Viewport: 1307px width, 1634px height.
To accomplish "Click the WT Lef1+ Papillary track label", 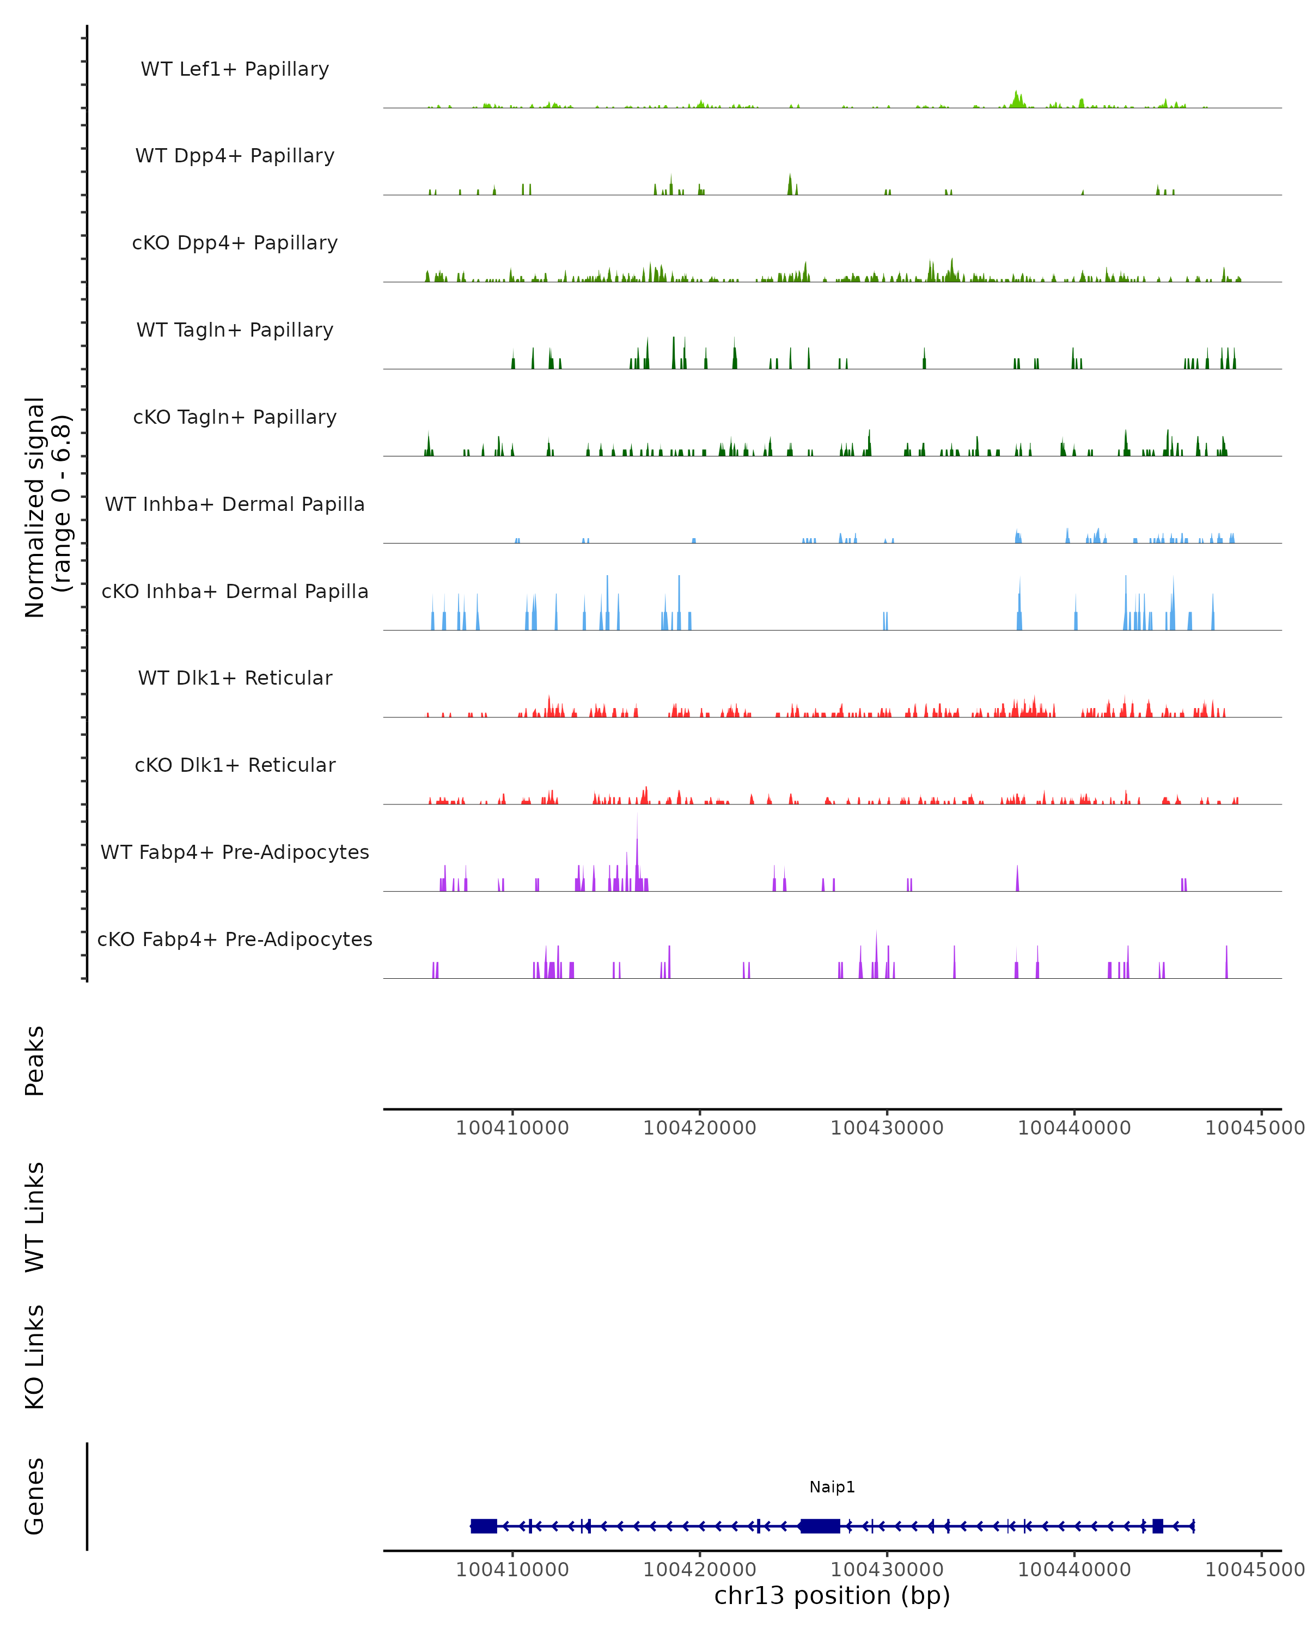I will pyautogui.click(x=235, y=69).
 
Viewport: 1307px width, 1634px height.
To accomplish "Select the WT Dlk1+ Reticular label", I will pyautogui.click(x=235, y=678).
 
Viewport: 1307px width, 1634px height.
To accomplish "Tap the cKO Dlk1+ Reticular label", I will pyautogui.click(x=235, y=765).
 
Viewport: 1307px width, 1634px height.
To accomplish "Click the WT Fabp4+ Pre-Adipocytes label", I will pyautogui.click(x=235, y=852).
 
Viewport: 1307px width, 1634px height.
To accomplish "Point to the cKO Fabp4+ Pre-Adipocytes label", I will pyautogui.click(x=235, y=939).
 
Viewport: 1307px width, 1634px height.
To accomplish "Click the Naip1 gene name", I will pyautogui.click(x=832, y=1487).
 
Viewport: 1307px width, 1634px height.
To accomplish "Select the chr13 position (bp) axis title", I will pyautogui.click(x=832, y=1595).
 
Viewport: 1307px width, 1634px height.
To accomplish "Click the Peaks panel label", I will pyautogui.click(x=35, y=1060).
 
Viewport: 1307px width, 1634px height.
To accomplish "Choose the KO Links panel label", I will pyautogui.click(x=35, y=1357).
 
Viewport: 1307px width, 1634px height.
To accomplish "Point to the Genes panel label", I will pyautogui.click(x=35, y=1496).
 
